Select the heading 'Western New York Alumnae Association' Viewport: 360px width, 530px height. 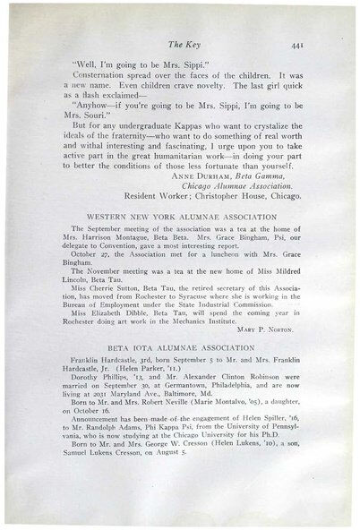180,217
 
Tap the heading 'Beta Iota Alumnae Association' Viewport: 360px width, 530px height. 180,344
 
